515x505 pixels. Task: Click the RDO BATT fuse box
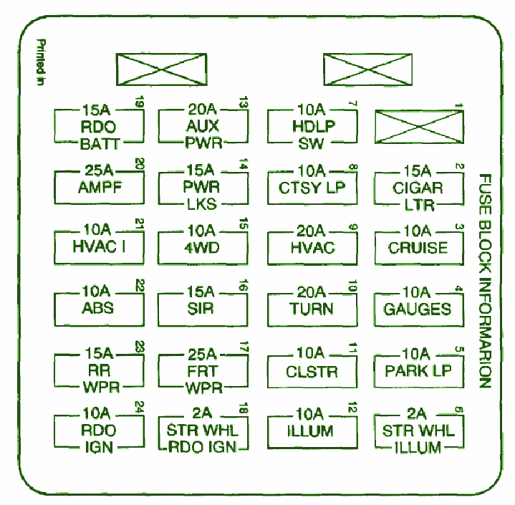99,127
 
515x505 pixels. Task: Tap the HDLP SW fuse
312,127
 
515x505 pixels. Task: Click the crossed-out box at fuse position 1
420,127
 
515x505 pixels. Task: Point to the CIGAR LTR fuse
419,188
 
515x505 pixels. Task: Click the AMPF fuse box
99,184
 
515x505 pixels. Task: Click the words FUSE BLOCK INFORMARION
485,281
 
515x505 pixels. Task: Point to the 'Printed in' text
41,62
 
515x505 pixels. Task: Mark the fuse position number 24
139,408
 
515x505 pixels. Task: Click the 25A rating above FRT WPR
202,354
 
